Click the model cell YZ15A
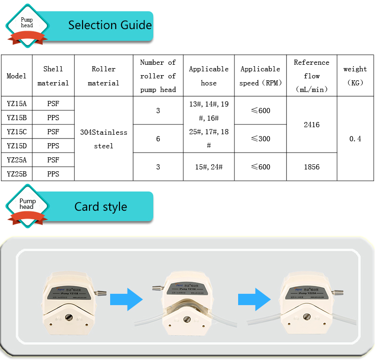16,104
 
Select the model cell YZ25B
16,174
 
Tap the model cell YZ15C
16,132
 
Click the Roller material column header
104,76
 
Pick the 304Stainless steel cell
104,139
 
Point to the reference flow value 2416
312,125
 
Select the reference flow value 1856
312,167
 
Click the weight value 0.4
355,139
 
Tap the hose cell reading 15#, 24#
209,167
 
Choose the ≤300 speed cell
260,139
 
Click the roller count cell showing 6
158,139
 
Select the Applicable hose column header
209,76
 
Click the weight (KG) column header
355,76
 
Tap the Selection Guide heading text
110,25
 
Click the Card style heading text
101,207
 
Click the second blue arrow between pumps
254,299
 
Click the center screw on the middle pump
187,320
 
